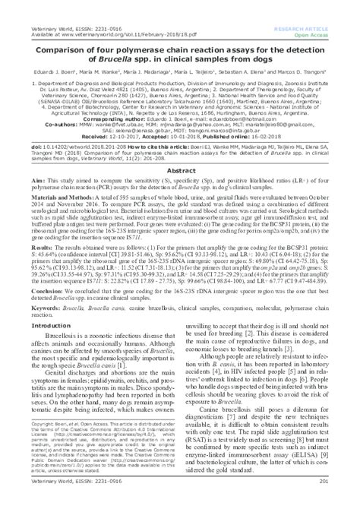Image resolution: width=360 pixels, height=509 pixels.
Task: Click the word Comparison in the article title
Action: tap(51, 34)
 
